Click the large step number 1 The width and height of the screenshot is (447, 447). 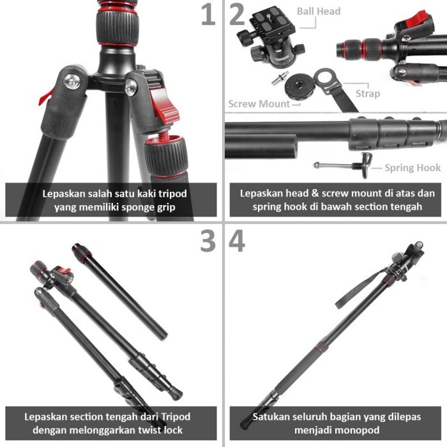[208, 15]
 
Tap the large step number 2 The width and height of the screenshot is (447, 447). [237, 15]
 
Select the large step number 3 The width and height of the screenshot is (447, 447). [208, 241]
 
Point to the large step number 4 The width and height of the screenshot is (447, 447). [237, 241]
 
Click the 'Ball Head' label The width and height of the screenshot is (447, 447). [319, 11]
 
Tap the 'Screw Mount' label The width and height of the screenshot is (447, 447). [259, 103]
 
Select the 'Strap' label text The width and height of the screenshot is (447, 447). [368, 93]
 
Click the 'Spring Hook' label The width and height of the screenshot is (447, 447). [413, 168]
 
